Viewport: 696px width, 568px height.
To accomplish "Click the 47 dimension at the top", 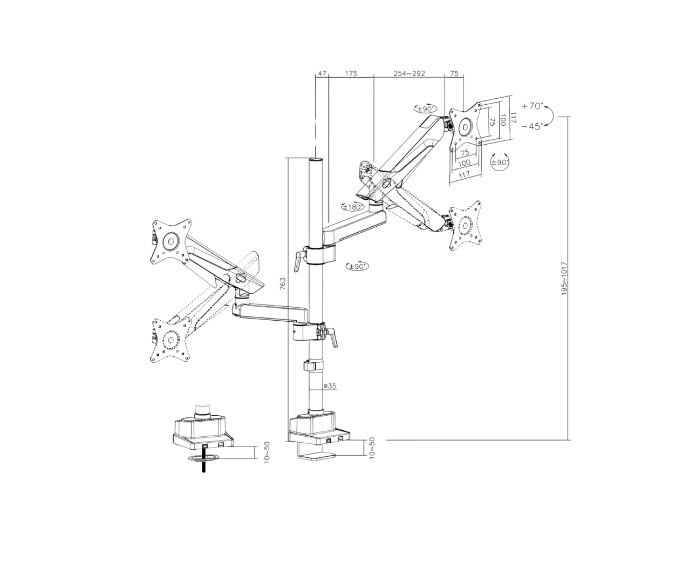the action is (322, 73).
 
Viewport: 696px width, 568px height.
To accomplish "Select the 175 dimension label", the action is (351, 73).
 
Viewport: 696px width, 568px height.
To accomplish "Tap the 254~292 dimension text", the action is (409, 73).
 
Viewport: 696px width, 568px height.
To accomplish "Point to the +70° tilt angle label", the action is (532, 106).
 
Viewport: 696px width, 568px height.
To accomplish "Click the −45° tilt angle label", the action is (532, 126).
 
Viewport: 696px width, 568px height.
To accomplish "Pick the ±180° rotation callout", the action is (352, 207).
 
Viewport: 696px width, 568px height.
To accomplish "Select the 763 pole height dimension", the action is (283, 283).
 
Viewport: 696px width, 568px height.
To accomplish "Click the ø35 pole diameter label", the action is (330, 386).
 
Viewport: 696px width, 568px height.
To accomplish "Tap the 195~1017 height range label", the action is (564, 279).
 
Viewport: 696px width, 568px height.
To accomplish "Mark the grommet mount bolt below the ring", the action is (203, 465).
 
